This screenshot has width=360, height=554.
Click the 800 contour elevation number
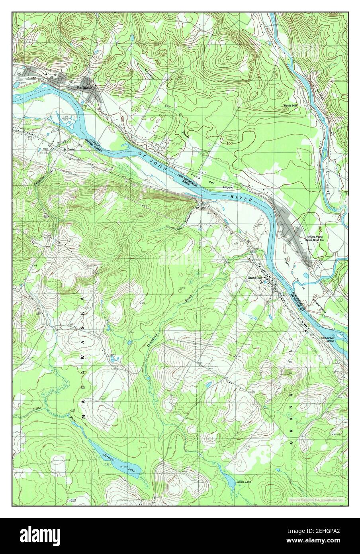pos(83,38)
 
